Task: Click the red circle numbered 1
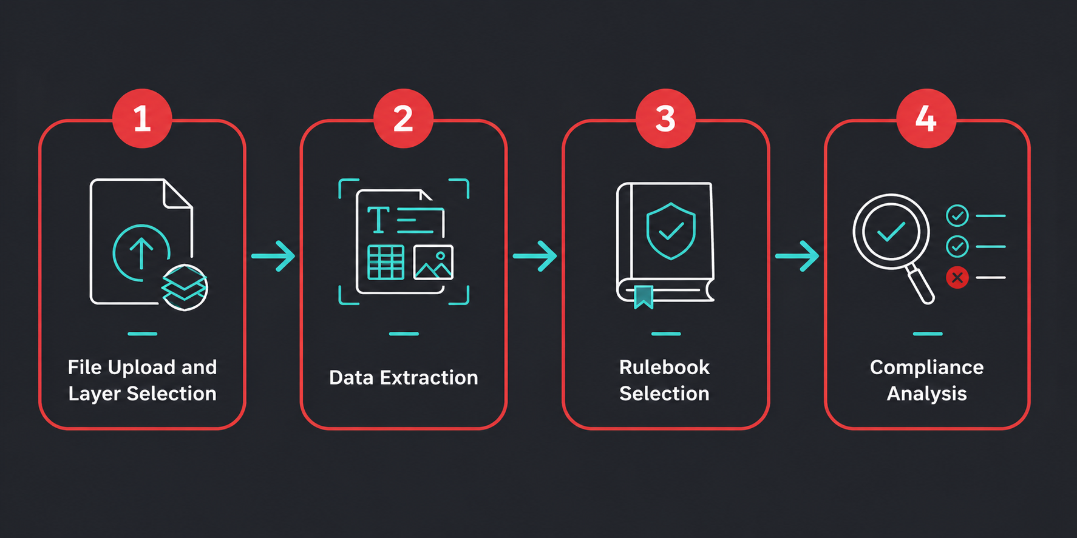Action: tap(142, 118)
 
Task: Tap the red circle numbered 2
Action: tap(403, 118)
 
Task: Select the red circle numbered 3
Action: tap(665, 118)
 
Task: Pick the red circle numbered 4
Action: tap(926, 118)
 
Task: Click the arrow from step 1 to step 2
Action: tap(273, 256)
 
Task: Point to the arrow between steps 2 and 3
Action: tap(535, 256)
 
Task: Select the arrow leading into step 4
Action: tap(797, 256)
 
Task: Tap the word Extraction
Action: tap(429, 378)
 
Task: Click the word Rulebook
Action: tap(665, 368)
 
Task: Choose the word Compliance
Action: tap(926, 368)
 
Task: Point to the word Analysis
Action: tap(926, 394)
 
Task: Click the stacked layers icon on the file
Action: tap(185, 287)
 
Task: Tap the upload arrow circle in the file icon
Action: tap(141, 253)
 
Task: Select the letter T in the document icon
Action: tap(378, 220)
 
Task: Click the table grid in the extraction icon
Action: tap(386, 263)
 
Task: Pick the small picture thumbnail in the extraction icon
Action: tap(433, 263)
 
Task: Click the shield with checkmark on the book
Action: tap(671, 231)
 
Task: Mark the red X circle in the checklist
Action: tap(957, 278)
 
